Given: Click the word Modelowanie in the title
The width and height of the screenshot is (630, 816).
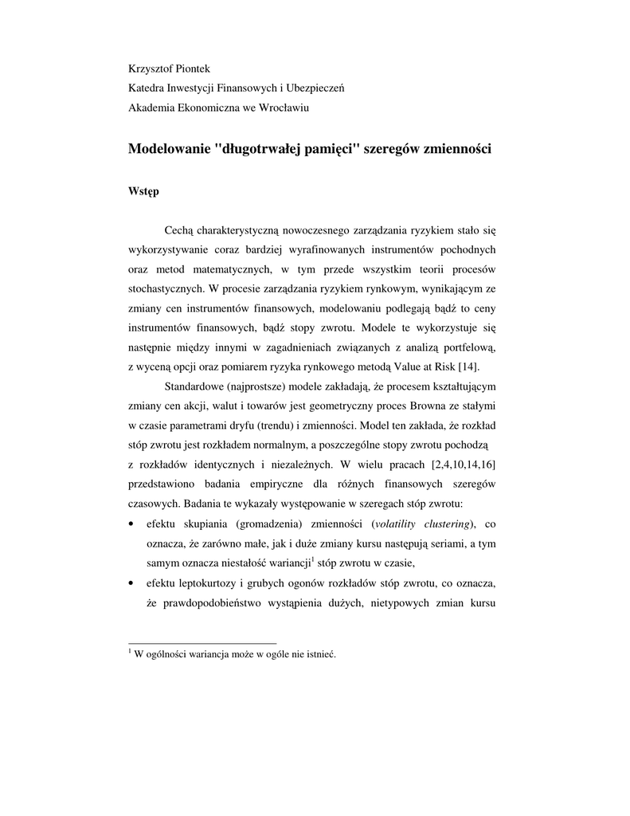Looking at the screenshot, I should (x=169, y=149).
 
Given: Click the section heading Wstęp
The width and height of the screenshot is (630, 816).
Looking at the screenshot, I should (x=143, y=192).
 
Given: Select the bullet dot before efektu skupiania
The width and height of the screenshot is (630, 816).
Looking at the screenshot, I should (x=131, y=524).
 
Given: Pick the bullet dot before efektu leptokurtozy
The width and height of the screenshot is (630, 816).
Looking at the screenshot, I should (x=131, y=583).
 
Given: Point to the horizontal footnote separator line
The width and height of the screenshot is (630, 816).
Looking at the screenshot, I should (x=202, y=642).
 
